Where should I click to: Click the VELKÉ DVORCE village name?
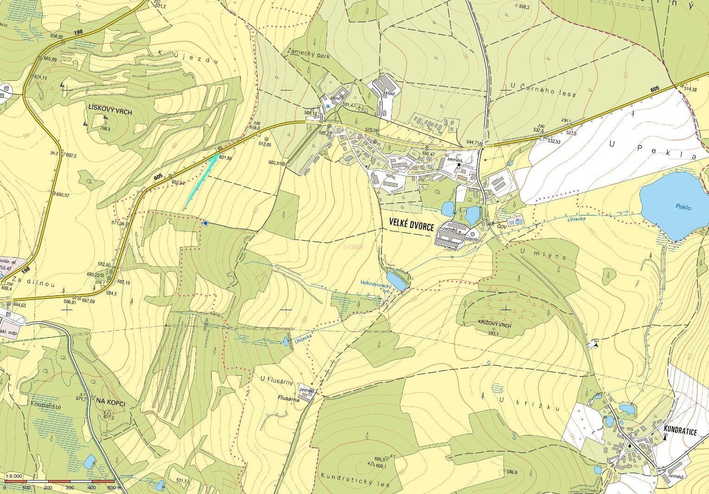coord(408,226)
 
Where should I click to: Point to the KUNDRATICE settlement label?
coord(681,432)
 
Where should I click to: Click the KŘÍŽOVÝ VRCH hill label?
coord(494,326)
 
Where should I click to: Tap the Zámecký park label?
coord(308,56)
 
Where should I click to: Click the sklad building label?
coord(389,93)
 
